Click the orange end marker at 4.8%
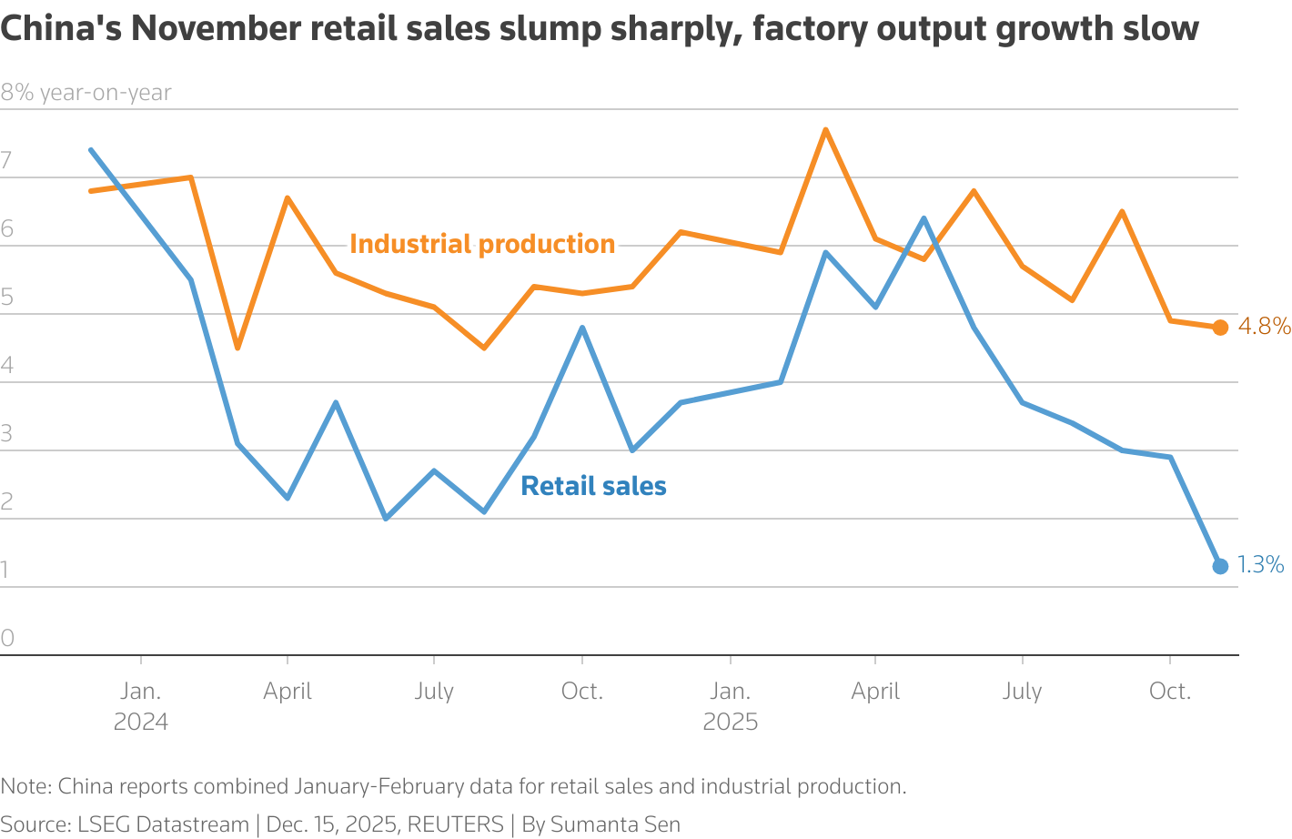pyautogui.click(x=1220, y=328)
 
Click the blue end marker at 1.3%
pyautogui.click(x=1220, y=566)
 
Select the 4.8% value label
pyautogui.click(x=1264, y=326)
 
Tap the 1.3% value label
pyautogui.click(x=1260, y=565)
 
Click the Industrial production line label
pyautogui.click(x=482, y=244)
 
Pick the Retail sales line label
pyautogui.click(x=593, y=486)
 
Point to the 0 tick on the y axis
pyautogui.click(x=8, y=638)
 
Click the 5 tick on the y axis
pyautogui.click(x=8, y=297)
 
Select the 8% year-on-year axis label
pyautogui.click(x=86, y=93)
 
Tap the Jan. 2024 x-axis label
pyautogui.click(x=141, y=706)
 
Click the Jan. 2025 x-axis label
pyautogui.click(x=730, y=706)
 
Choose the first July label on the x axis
pyautogui.click(x=434, y=692)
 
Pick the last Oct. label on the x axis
pyautogui.click(x=1169, y=692)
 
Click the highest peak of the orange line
pyautogui.click(x=825, y=130)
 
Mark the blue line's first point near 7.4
pyautogui.click(x=91, y=150)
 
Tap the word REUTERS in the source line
pyautogui.click(x=455, y=824)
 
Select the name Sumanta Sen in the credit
pyautogui.click(x=615, y=824)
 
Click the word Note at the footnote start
pyautogui.click(x=25, y=786)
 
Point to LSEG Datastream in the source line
pyautogui.click(x=163, y=824)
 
